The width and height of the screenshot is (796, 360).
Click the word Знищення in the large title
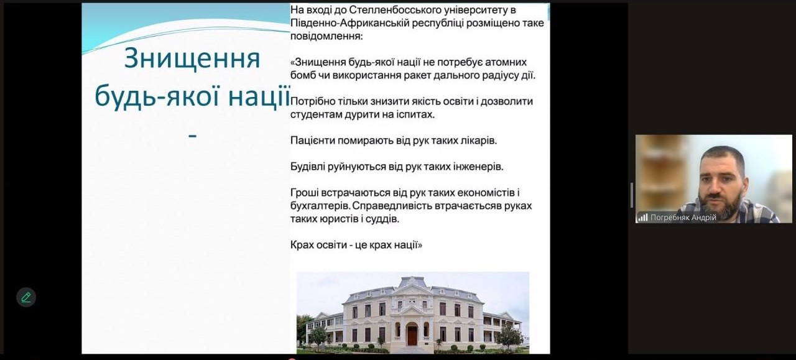(192, 58)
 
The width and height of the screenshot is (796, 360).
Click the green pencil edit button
(26, 297)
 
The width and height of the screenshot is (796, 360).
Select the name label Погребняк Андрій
(683, 218)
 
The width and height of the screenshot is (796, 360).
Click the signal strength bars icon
(642, 217)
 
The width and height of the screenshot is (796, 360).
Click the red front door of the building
(412, 336)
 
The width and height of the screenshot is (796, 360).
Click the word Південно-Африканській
(349, 23)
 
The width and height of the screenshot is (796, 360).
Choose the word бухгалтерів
(320, 206)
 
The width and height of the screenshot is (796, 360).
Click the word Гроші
(304, 193)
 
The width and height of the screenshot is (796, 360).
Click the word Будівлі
(308, 167)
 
